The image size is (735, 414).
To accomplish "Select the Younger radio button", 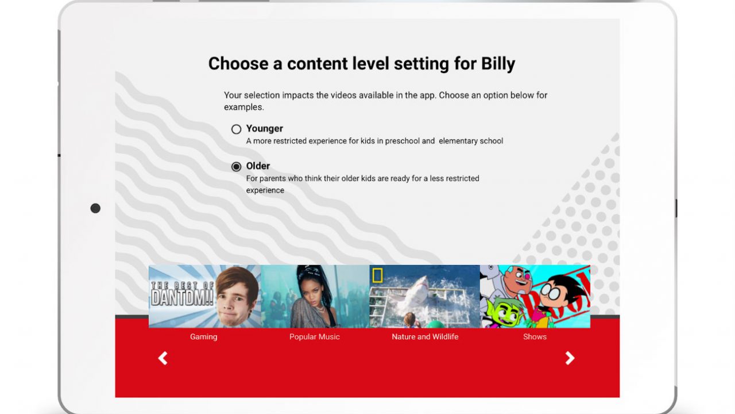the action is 236,129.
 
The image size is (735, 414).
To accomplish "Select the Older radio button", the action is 236,167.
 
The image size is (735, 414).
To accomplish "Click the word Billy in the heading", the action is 498,64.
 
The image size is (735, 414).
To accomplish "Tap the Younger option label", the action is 265,128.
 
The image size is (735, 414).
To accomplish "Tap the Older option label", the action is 258,166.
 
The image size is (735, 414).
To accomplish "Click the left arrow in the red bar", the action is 163,358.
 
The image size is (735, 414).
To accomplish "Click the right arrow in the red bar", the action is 570,358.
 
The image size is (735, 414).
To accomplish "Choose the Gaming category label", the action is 203,337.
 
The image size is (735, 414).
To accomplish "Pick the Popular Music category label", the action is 314,337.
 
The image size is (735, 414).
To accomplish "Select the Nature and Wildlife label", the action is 425,337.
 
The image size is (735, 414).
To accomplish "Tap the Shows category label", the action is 535,337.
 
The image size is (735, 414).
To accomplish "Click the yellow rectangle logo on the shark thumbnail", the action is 377,275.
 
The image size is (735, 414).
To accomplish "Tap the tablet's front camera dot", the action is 95,208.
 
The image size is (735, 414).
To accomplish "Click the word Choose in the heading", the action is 238,64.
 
